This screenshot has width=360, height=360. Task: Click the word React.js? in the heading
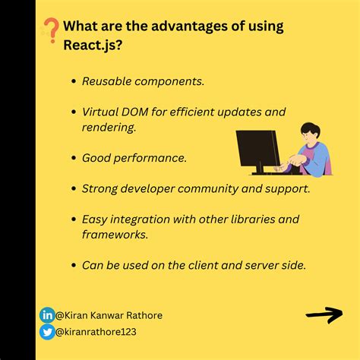pyautogui.click(x=91, y=47)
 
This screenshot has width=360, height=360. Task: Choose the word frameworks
pyautogui.click(x=113, y=235)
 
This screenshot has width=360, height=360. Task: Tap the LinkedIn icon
pyautogui.click(x=47, y=315)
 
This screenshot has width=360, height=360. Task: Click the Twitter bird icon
pyautogui.click(x=47, y=331)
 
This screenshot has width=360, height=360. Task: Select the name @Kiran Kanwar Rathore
pyautogui.click(x=109, y=315)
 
